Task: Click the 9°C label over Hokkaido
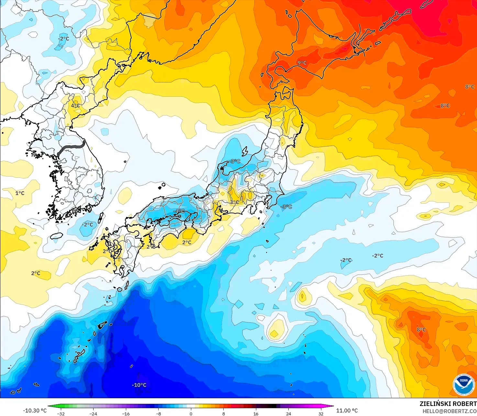(302, 63)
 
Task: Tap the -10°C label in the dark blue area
(139, 385)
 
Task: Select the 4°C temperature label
(75, 105)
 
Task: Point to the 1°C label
(20, 193)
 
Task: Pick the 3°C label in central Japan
(235, 202)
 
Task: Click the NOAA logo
(463, 384)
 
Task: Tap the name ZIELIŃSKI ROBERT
(448, 404)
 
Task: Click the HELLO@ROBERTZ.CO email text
(449, 411)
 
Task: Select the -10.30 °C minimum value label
(35, 411)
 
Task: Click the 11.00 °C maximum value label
(347, 411)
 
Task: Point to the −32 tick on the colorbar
(61, 413)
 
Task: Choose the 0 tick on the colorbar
(191, 413)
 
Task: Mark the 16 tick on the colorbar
(256, 413)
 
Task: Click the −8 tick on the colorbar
(158, 413)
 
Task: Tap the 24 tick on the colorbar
(289, 413)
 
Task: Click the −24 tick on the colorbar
(93, 413)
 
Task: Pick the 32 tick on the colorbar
(321, 413)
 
